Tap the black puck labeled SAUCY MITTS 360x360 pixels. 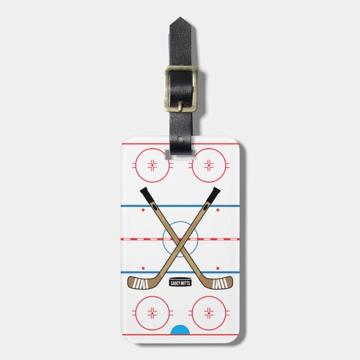click(x=180, y=283)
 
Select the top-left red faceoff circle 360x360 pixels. click(x=152, y=165)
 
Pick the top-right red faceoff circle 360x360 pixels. click(x=209, y=165)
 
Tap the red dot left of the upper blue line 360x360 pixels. click(x=143, y=211)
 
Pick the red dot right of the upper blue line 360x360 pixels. click(x=218, y=211)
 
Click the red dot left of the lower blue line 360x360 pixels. click(x=143, y=268)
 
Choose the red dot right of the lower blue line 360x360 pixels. click(x=218, y=268)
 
